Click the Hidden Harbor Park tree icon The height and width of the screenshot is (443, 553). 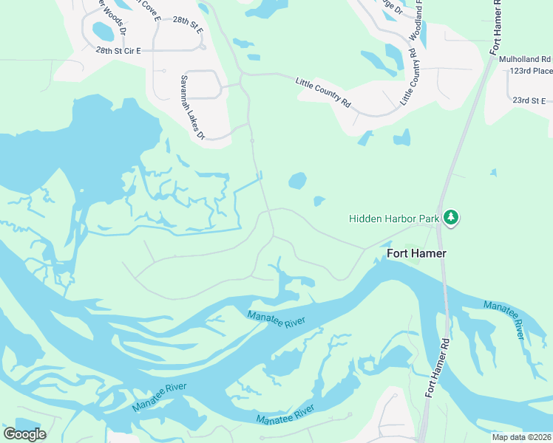pos(450,218)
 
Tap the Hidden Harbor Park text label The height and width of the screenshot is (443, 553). pos(394,219)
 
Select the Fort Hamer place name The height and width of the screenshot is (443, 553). pos(416,253)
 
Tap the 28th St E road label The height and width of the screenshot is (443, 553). pos(188,24)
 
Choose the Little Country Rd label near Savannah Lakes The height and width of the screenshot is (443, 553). pos(323,92)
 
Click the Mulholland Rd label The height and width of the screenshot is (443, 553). pos(525,58)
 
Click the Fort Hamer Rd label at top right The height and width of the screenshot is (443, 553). pos(495,27)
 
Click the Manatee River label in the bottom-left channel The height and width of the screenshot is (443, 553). pos(159,398)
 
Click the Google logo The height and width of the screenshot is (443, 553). pos(24,434)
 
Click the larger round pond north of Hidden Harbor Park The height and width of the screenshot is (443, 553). pos(297,181)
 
